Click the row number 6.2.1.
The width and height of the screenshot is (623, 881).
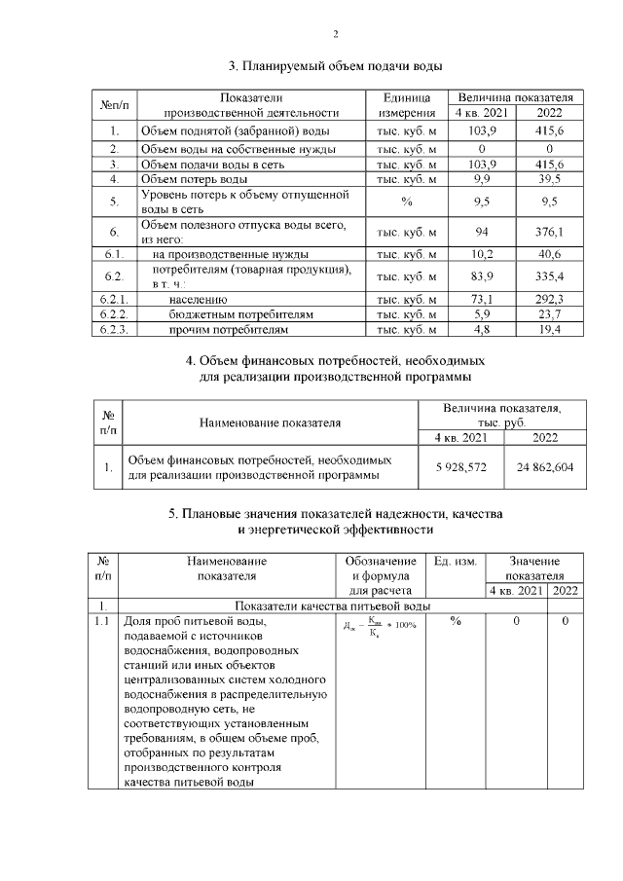click(x=114, y=300)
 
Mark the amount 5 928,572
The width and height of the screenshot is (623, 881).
click(x=463, y=467)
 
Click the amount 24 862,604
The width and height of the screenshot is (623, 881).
click(x=546, y=467)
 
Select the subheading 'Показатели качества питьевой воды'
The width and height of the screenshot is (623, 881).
click(x=321, y=606)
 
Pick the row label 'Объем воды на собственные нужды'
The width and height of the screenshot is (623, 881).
click(x=238, y=149)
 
